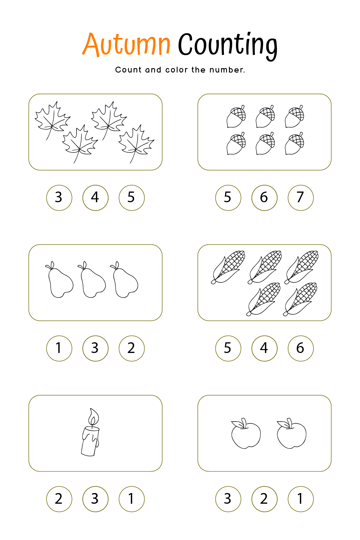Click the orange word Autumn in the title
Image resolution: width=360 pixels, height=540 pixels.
pos(127,44)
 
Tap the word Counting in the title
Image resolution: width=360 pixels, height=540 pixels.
pos(228,46)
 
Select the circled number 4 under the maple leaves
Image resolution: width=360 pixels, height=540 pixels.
pos(95,198)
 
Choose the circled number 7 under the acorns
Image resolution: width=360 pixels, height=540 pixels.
pos(301,198)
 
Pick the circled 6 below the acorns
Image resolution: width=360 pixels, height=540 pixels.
pos(264,198)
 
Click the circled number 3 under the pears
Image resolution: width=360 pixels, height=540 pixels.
pos(95,348)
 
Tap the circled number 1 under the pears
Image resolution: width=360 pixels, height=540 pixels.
pos(59,348)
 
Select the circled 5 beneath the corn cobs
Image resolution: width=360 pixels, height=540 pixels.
pos(228,348)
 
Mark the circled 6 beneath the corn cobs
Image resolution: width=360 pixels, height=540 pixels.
pos(301,348)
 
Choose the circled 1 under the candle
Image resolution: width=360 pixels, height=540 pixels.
pos(132,499)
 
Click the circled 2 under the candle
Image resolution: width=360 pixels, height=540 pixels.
pos(59,499)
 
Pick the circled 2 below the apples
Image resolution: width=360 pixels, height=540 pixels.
pos(264,499)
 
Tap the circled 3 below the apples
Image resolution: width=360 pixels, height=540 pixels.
pos(228,499)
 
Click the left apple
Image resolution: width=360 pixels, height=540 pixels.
pos(246,433)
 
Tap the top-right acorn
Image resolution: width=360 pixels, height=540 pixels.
pos(294,116)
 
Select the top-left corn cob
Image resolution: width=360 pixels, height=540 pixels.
pos(228,267)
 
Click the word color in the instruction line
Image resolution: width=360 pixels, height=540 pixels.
pos(176,70)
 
